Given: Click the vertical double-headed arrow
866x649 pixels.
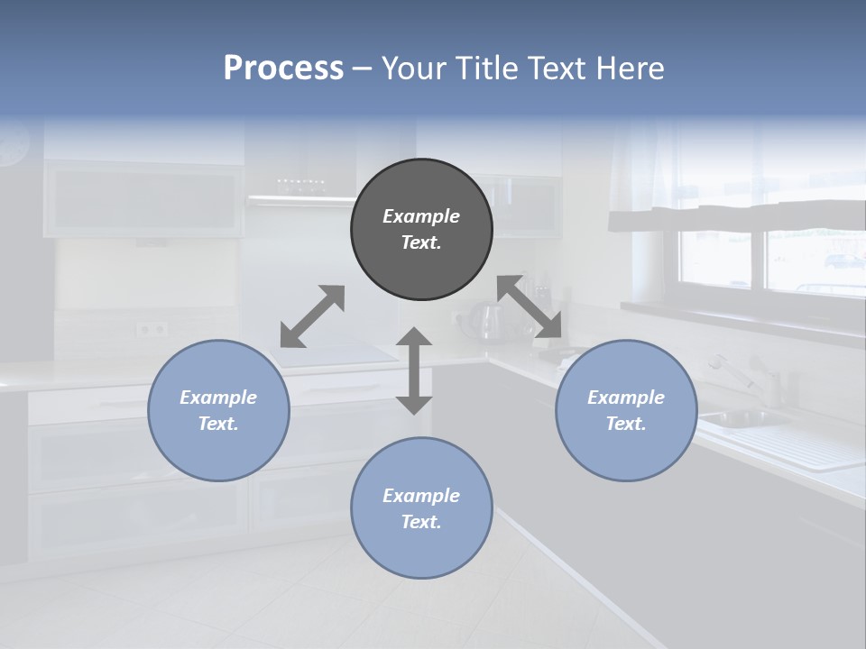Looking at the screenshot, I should pyautogui.click(x=414, y=370).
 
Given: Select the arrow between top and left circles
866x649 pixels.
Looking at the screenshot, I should pyautogui.click(x=312, y=316).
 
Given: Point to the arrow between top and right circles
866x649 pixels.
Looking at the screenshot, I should pyautogui.click(x=530, y=307).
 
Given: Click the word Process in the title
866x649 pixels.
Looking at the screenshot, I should pyautogui.click(x=283, y=68).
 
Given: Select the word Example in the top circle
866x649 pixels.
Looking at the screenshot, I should pyautogui.click(x=421, y=216).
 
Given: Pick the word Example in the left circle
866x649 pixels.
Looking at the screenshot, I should pyautogui.click(x=218, y=398).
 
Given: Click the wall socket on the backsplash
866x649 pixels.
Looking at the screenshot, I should pyautogui.click(x=152, y=330).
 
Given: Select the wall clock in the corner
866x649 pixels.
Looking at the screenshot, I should pyautogui.click(x=14, y=144).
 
